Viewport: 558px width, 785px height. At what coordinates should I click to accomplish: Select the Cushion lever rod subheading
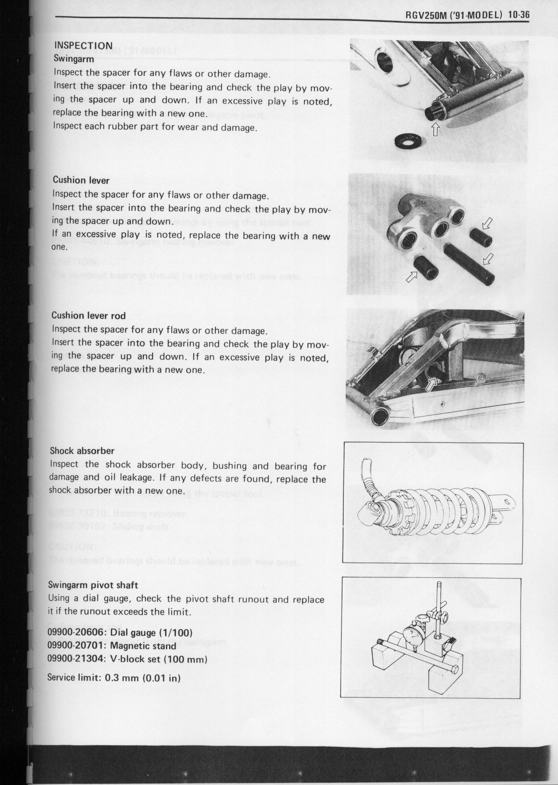click(88, 315)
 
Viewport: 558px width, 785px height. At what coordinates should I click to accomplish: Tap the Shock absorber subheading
click(82, 451)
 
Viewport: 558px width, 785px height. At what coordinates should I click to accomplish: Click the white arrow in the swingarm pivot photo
click(435, 130)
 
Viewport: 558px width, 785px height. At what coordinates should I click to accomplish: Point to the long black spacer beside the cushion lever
click(469, 264)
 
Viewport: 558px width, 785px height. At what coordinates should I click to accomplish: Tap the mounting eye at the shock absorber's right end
click(506, 501)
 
